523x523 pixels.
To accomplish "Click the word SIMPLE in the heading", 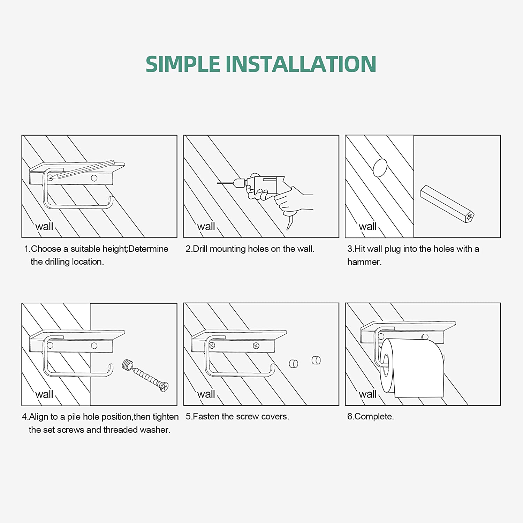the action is click(183, 64).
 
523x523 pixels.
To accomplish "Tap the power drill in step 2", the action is click(265, 187).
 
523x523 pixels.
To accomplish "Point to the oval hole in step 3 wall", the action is click(380, 168).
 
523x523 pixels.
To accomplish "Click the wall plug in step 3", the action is click(447, 204).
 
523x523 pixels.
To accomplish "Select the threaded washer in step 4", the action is click(128, 365).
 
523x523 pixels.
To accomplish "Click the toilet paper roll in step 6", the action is click(411, 368).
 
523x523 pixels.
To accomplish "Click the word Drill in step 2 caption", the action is click(200, 249).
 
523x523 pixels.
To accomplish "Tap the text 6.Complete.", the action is click(371, 417).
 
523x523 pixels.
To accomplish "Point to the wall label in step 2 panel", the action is click(206, 227).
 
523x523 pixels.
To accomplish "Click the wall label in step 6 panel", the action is click(368, 394).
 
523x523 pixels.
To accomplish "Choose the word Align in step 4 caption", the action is click(39, 417).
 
